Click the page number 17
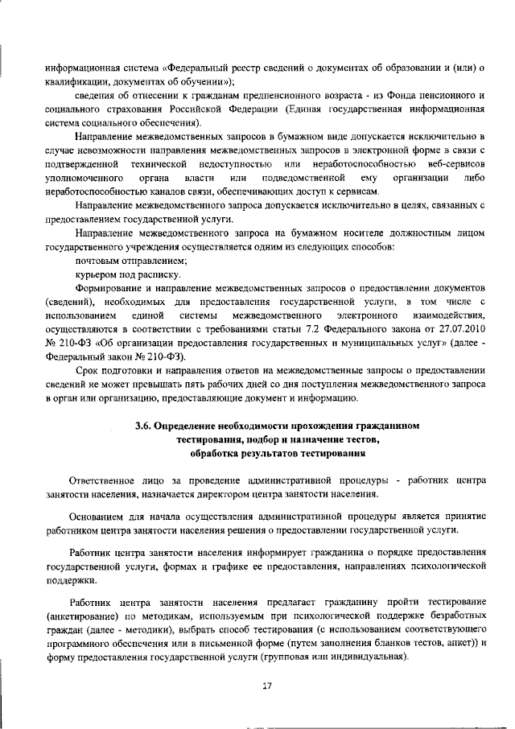267,686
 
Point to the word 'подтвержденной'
82,164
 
